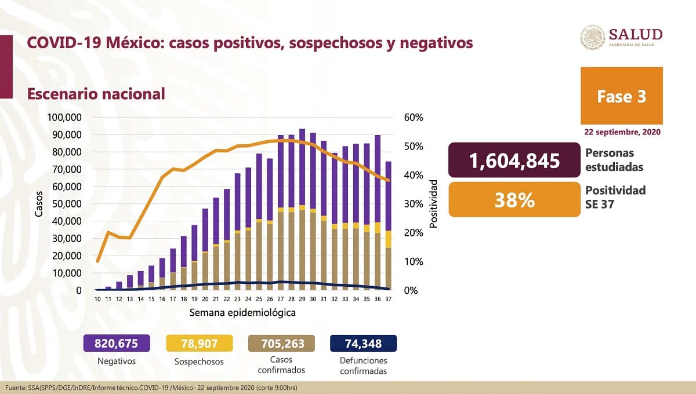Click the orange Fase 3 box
[621, 96]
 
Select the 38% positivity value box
[514, 200]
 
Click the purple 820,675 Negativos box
[117, 344]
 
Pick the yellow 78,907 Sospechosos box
[199, 344]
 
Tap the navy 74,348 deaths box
[363, 344]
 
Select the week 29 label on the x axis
[302, 299]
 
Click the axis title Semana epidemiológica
[242, 313]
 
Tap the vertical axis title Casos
[39, 204]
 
